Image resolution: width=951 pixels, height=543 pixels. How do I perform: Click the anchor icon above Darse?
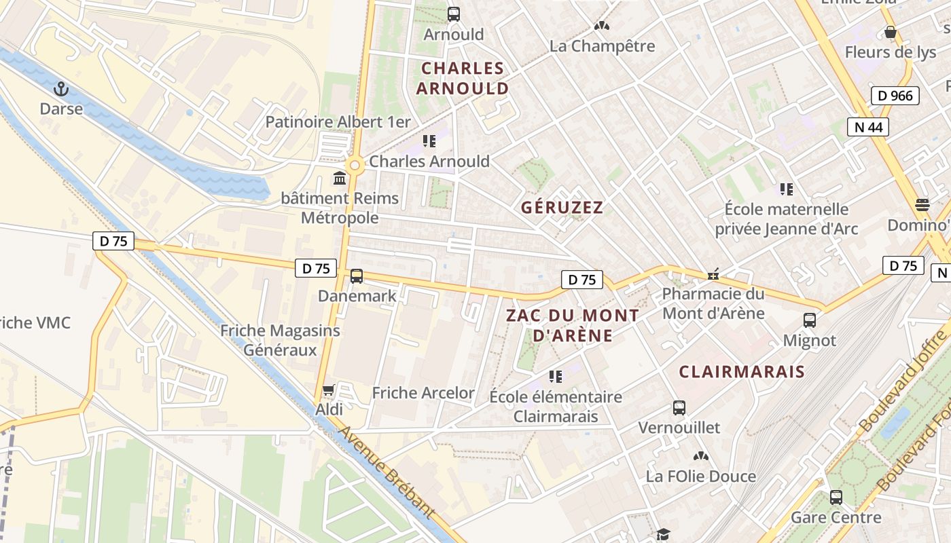tap(61, 89)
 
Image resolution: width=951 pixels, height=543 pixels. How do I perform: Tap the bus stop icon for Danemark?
tap(356, 276)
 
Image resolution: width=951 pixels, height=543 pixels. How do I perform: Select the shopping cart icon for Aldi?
tap(329, 390)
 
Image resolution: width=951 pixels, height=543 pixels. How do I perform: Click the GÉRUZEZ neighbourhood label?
tap(562, 208)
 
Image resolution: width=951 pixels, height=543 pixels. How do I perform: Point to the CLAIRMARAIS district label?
tap(742, 372)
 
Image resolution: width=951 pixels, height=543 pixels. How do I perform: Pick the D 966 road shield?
tap(895, 96)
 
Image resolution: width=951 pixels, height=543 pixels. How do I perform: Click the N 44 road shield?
tap(867, 127)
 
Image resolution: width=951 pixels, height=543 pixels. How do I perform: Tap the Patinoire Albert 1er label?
tap(338, 122)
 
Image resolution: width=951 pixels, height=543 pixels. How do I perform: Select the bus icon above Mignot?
tap(809, 320)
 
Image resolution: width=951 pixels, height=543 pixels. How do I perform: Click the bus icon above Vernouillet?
tap(679, 408)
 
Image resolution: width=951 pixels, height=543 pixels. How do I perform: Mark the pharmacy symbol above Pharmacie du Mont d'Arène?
tap(713, 274)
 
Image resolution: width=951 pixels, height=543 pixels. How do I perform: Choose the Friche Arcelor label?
tap(423, 393)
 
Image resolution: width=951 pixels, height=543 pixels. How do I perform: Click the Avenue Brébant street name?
tap(385, 474)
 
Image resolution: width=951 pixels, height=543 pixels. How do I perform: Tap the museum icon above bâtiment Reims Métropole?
tap(339, 179)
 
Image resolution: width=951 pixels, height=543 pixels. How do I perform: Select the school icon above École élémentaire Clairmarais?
tap(556, 376)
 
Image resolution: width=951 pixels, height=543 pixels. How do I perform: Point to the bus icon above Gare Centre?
tap(836, 498)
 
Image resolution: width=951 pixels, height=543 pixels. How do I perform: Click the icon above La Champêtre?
tap(601, 26)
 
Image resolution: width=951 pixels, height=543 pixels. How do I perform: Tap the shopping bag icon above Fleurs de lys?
tap(890, 32)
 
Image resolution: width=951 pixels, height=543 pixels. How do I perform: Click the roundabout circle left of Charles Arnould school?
tap(354, 165)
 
